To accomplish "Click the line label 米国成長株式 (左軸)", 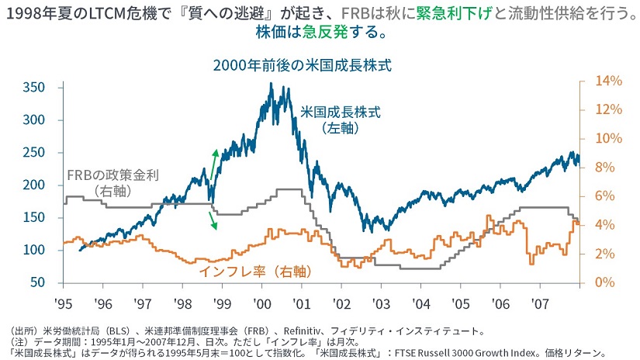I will pyautogui.click(x=341, y=119).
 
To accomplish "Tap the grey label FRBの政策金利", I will pyautogui.click(x=112, y=175).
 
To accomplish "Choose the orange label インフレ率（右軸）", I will pyautogui.click(x=254, y=272).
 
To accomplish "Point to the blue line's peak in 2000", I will pyautogui.click(x=270, y=84).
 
